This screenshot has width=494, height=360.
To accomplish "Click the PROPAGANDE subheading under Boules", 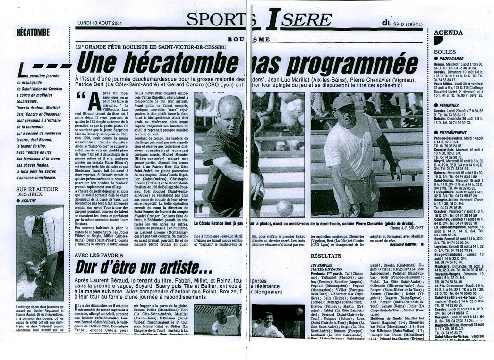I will pyautogui.click(x=455, y=59).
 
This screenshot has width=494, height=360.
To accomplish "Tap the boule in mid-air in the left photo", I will pyautogui.click(x=284, y=207).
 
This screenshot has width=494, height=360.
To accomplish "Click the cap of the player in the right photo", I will pyautogui.click(x=342, y=102).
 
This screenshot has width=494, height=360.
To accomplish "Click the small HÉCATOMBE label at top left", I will pyautogui.click(x=33, y=32).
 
